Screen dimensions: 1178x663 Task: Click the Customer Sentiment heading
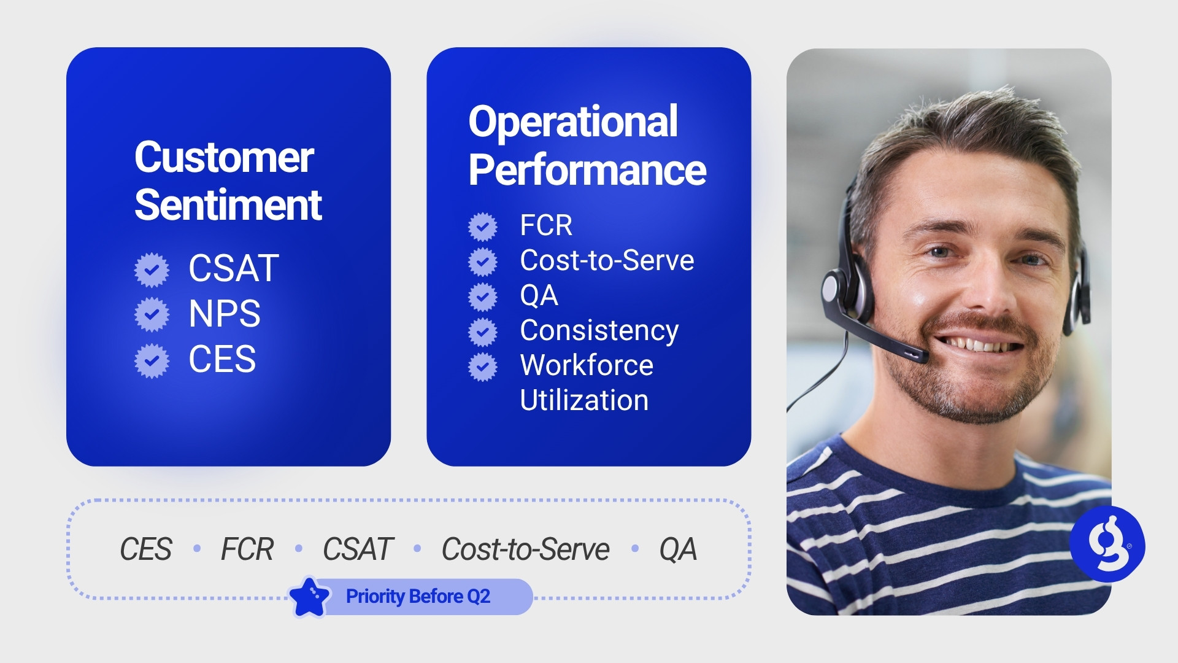[228, 181]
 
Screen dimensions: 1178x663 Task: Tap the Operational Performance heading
[587, 145]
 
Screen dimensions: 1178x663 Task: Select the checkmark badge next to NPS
[152, 314]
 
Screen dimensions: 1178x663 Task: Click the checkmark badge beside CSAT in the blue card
[152, 269]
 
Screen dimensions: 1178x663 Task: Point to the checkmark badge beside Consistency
[483, 332]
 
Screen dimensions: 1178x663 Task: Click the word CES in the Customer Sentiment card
[222, 359]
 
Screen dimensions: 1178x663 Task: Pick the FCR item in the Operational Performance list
[546, 225]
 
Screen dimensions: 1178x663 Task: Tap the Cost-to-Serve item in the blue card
[607, 260]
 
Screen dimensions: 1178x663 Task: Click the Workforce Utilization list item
[587, 382]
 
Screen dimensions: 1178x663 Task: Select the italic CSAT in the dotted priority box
[358, 549]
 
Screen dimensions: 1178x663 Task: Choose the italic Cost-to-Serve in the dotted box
[526, 549]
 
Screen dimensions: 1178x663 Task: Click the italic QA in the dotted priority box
[678, 549]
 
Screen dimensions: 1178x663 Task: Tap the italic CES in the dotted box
[146, 549]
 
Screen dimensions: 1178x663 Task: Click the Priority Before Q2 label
[418, 596]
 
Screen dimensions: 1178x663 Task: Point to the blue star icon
[309, 597]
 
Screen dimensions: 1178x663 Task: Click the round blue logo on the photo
[1107, 544]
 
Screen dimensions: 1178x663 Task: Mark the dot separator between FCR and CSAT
[299, 548]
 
